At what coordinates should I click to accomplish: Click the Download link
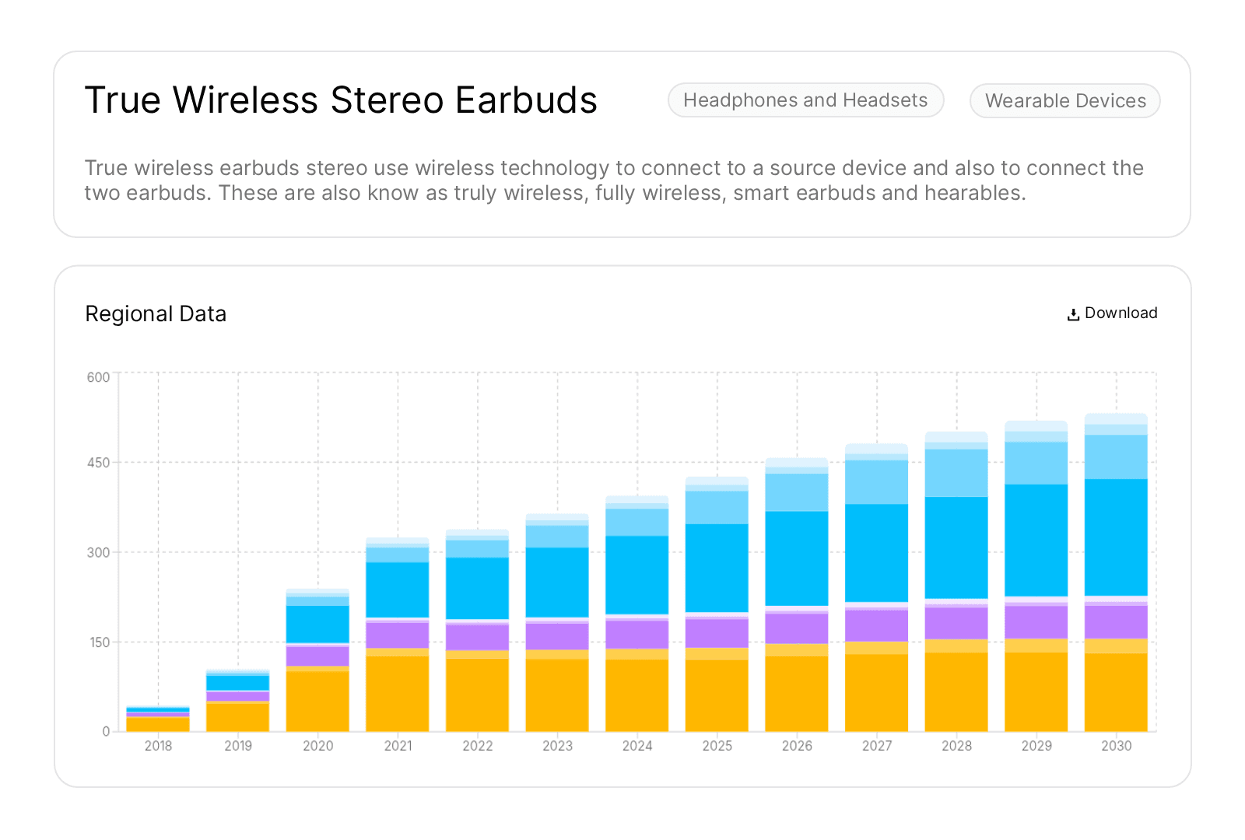tap(1112, 313)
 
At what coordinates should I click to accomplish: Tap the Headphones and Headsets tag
tap(805, 100)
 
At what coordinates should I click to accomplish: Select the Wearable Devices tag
tap(1064, 101)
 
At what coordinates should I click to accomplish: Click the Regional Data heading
tap(156, 314)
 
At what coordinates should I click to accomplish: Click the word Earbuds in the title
tap(526, 100)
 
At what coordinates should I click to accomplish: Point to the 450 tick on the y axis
tap(99, 463)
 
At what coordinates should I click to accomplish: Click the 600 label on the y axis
tap(99, 377)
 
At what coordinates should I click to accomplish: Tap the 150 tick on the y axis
tap(100, 642)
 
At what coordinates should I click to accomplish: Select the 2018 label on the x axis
tap(158, 746)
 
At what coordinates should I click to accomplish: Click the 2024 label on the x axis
tap(637, 746)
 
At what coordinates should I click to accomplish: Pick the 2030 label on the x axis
tap(1116, 746)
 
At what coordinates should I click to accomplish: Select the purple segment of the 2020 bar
tap(317, 656)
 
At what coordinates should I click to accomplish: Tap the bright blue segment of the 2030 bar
tap(1116, 537)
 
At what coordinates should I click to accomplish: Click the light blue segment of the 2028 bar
tap(956, 473)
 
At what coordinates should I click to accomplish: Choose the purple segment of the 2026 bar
tap(797, 628)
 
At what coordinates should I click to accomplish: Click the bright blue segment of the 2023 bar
tap(557, 582)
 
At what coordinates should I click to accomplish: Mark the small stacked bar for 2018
tap(158, 720)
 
